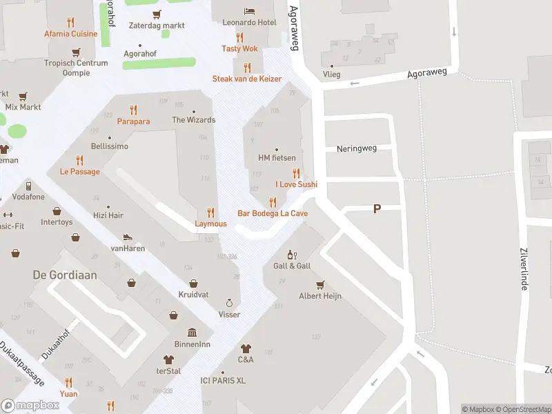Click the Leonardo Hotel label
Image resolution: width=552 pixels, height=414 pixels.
(x=249, y=23)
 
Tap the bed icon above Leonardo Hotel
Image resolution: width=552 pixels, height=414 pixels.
(x=249, y=11)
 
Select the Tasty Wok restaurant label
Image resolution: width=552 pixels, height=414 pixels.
(x=239, y=48)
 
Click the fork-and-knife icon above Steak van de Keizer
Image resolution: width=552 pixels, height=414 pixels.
(x=247, y=67)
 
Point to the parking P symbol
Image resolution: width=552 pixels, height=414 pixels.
(x=377, y=208)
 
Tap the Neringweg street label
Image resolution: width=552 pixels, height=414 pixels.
(x=357, y=148)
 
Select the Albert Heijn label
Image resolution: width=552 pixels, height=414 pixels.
(x=320, y=296)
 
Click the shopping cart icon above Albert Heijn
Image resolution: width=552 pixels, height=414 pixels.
(x=320, y=284)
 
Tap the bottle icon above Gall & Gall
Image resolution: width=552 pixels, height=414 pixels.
(x=291, y=255)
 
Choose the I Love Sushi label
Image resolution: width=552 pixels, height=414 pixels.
(x=296, y=184)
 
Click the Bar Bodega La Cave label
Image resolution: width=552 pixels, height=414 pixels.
(x=273, y=213)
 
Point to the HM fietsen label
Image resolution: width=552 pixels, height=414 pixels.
(x=277, y=158)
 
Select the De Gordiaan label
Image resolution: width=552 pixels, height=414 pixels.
(x=65, y=275)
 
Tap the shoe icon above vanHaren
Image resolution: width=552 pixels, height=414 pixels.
(x=128, y=237)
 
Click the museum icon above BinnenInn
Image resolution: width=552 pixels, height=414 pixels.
(x=193, y=333)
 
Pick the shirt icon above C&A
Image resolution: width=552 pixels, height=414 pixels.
(x=246, y=348)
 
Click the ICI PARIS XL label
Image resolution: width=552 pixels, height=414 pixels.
(x=223, y=380)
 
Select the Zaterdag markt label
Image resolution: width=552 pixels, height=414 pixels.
(x=157, y=26)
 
